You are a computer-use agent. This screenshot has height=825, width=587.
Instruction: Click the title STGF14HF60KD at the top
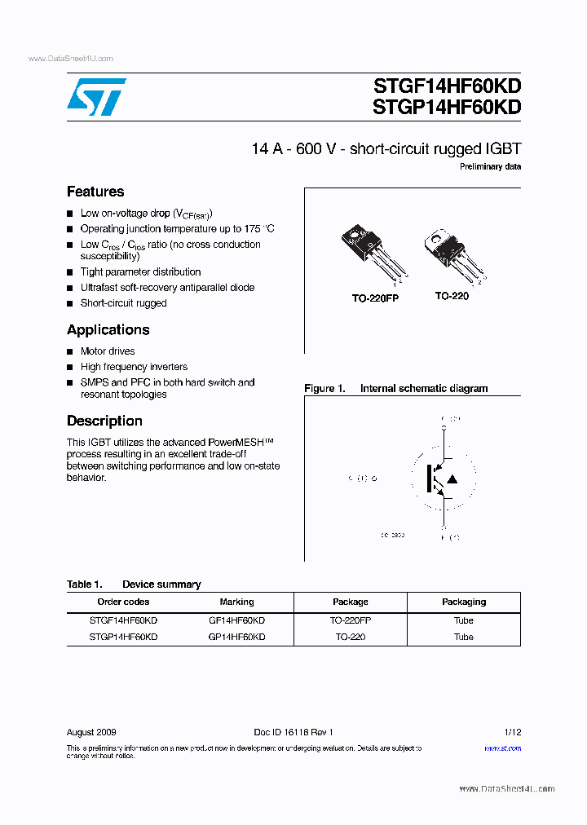(446, 86)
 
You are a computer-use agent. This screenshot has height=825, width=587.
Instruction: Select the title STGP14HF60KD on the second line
(446, 107)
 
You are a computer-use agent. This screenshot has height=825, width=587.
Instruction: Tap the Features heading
(95, 192)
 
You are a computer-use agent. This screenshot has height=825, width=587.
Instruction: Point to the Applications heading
(108, 329)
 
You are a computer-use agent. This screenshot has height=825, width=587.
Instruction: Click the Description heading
(104, 421)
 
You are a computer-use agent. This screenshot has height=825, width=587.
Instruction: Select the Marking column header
(236, 602)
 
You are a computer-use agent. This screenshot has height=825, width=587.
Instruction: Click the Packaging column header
(463, 602)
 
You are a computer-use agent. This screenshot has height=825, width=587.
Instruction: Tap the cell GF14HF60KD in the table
(236, 620)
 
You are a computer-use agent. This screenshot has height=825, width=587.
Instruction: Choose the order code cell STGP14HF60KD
(123, 637)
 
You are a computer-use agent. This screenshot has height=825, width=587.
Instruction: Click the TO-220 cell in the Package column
(350, 637)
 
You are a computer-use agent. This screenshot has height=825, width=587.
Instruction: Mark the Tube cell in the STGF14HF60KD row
(463, 620)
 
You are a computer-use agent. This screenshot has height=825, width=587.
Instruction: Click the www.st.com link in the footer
(502, 748)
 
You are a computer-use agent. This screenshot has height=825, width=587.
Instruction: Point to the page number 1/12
(513, 732)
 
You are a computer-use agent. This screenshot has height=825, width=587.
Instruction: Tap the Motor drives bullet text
(108, 351)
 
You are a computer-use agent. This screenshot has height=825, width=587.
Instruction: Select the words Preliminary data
(490, 166)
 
